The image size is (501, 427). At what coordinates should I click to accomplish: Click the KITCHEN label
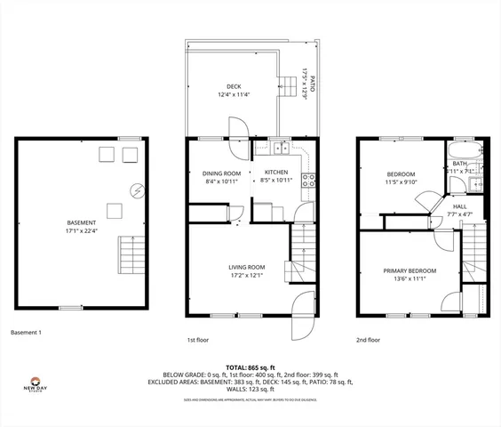[x=274, y=173]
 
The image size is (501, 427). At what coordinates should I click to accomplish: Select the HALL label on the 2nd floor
[x=459, y=207]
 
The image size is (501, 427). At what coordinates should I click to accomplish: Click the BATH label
[x=459, y=164]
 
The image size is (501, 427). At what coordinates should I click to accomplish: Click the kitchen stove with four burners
[x=309, y=181]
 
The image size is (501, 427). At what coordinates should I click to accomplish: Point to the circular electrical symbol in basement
[x=137, y=189]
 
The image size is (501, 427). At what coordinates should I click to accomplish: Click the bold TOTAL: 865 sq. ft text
[x=250, y=367]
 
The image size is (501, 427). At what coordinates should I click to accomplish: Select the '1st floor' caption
[x=197, y=340]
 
